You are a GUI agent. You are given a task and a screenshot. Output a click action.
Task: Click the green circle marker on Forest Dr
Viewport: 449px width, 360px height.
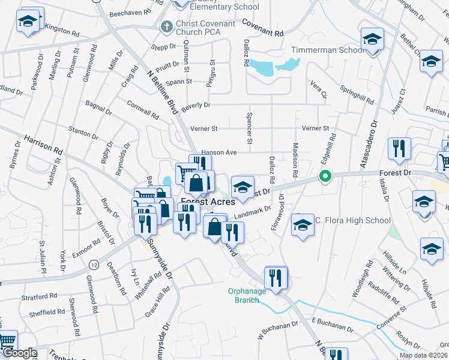click(325, 176)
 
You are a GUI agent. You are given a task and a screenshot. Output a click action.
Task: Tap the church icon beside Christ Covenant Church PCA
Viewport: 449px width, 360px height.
click(167, 26)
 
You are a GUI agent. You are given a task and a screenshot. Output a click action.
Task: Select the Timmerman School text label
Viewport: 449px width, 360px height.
click(327, 50)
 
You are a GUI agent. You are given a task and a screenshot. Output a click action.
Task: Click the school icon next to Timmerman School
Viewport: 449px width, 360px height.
click(372, 41)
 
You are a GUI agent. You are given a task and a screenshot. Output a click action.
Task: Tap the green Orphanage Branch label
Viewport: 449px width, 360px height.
click(244, 296)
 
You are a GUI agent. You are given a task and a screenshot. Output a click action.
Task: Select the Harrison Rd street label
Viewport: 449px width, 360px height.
click(43, 146)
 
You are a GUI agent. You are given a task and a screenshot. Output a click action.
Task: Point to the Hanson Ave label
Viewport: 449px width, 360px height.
click(219, 152)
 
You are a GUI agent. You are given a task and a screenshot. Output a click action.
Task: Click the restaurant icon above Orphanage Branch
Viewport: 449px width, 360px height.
click(276, 278)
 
